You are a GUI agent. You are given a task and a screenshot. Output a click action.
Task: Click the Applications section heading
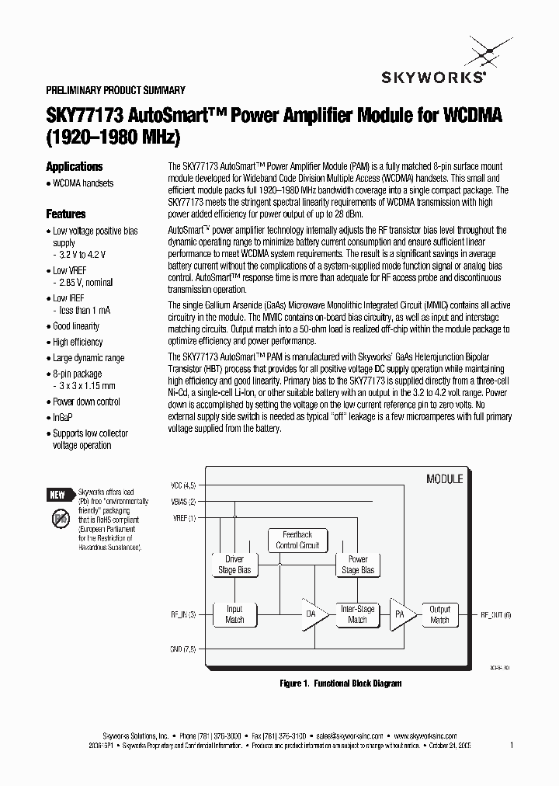pos(74,166)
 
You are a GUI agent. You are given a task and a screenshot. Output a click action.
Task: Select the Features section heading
pos(65,214)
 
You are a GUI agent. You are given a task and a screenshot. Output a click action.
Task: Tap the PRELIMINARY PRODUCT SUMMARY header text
pos(116,90)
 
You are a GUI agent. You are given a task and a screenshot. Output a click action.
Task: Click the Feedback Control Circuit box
pos(297,540)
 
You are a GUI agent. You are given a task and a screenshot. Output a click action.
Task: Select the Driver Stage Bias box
pos(234,565)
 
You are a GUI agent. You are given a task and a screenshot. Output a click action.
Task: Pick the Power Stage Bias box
pos(358,565)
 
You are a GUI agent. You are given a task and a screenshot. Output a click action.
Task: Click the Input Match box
pos(234,614)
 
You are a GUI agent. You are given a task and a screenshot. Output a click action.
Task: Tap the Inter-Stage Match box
pos(357,614)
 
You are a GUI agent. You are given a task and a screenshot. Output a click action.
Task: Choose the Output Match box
pos(439,614)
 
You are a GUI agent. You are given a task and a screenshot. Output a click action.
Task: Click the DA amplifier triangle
pos(312,614)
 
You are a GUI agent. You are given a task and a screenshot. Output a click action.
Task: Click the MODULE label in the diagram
pos(444,479)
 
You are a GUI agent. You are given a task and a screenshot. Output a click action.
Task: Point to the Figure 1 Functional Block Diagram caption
pos(340,683)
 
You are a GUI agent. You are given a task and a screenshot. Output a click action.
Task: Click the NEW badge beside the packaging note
pos(57,495)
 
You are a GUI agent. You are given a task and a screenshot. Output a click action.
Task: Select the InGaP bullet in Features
pos(64,417)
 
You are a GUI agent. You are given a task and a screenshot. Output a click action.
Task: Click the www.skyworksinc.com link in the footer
pos(425,735)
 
